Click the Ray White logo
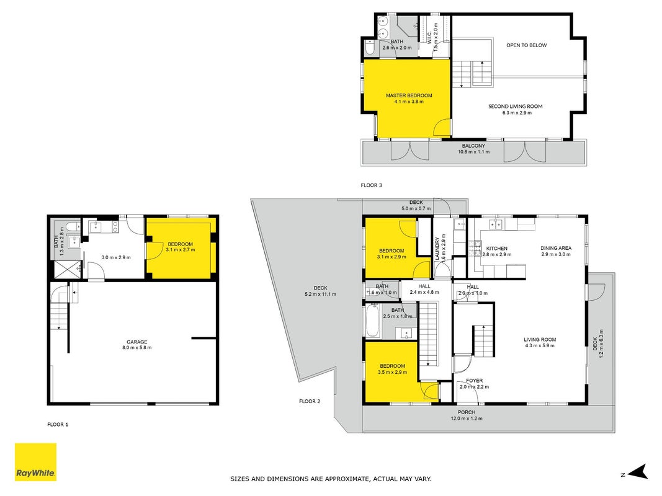[35, 462]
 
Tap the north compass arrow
[638, 472]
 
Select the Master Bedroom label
[409, 95]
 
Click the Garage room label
[136, 342]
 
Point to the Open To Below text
[527, 45]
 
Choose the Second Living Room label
[515, 106]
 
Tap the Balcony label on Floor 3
[473, 146]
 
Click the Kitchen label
[497, 249]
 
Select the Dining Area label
[556, 248]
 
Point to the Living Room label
[540, 340]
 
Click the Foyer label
[474, 381]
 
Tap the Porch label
[467, 412]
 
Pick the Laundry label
[437, 249]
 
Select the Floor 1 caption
[58, 424]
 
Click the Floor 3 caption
[371, 185]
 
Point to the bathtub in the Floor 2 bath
[372, 321]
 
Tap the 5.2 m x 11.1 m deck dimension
[320, 294]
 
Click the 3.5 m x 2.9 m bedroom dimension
[392, 372]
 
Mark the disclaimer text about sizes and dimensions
[331, 479]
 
